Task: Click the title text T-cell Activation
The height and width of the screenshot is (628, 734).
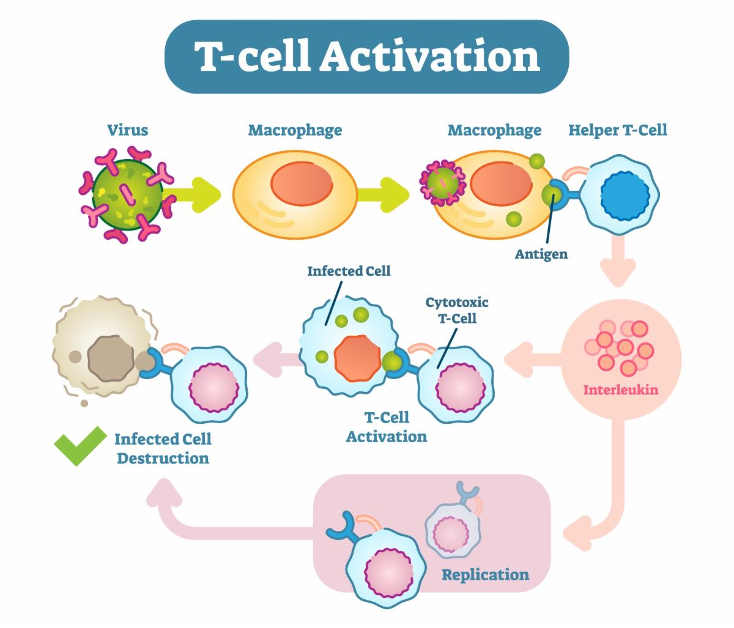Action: point(366,56)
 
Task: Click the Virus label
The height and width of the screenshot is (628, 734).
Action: point(127,130)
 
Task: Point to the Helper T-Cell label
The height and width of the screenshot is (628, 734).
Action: point(617,130)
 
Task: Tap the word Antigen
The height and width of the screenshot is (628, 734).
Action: point(541,254)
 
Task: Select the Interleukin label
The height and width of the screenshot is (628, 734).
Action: point(621,390)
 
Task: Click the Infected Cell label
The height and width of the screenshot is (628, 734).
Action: point(349,270)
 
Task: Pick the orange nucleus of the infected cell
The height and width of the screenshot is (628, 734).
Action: point(357,357)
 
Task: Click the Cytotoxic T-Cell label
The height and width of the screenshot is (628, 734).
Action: point(457,310)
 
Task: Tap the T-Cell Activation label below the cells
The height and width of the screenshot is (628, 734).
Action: point(387,427)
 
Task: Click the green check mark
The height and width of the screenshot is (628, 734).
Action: point(80,445)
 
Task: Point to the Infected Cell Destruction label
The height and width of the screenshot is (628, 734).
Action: point(163,448)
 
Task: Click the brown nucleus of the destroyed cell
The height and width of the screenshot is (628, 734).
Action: point(110,356)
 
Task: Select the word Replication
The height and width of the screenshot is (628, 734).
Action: point(485,574)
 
